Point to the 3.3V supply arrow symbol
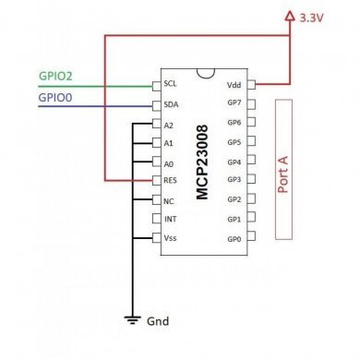point(288,16)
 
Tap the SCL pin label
point(170,84)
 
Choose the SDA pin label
point(170,104)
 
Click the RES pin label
point(170,181)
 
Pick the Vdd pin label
point(235,84)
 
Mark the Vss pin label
point(170,238)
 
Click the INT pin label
point(170,219)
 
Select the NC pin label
point(169,200)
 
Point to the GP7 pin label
point(234,103)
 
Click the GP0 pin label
point(234,238)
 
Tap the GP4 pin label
point(234,162)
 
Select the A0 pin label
point(169,162)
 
